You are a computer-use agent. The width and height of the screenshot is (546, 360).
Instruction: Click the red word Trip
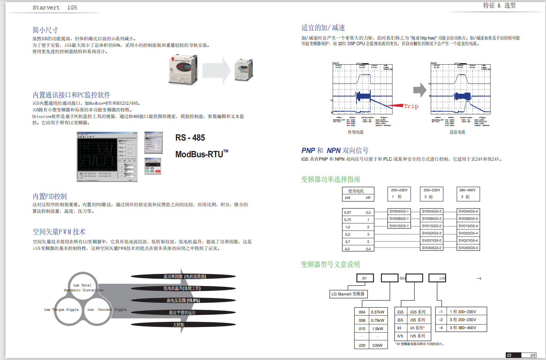(x=411, y=106)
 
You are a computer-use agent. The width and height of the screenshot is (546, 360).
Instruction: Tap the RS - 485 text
(x=190, y=138)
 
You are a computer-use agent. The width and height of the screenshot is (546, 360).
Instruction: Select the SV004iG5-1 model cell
(x=399, y=211)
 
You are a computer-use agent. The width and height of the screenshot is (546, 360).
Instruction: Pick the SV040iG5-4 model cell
(x=468, y=248)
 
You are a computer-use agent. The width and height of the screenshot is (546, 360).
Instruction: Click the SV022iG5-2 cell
(x=431, y=233)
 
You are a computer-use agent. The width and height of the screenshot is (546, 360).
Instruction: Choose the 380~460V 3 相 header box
(x=468, y=194)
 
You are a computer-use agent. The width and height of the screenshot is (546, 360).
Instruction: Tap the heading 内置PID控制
(x=50, y=196)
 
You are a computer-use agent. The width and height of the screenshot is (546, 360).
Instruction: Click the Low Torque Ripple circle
(x=68, y=310)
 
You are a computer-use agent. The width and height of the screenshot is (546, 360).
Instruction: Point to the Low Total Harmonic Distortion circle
(x=83, y=286)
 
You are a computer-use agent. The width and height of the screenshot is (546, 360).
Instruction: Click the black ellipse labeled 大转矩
(x=183, y=325)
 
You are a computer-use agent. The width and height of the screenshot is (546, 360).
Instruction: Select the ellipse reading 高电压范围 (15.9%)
(x=183, y=300)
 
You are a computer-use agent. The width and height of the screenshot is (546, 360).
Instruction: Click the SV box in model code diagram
(x=365, y=278)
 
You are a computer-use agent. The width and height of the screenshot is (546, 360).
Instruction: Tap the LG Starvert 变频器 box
(x=348, y=294)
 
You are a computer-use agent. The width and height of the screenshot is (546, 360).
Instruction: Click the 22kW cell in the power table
(x=377, y=345)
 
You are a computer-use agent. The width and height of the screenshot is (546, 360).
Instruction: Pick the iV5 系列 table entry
(x=417, y=336)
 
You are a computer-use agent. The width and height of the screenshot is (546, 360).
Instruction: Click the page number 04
(x=532, y=355)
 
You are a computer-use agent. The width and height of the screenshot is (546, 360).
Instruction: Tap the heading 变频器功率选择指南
(x=330, y=179)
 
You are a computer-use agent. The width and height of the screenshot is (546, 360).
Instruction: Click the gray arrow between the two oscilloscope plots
(x=419, y=90)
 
